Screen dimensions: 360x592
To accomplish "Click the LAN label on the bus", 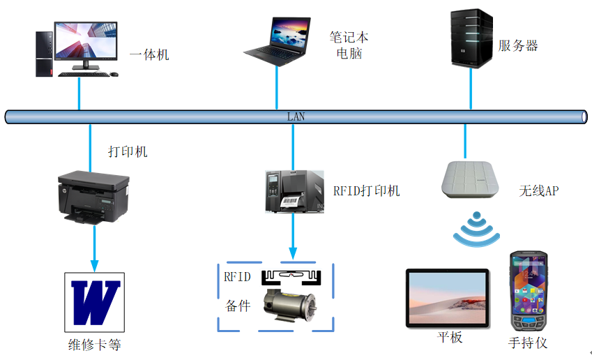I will click(296, 117).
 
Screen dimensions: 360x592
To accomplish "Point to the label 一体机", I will click(149, 54).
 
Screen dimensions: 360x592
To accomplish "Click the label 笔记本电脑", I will click(349, 45).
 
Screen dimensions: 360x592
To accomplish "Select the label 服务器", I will click(517, 46).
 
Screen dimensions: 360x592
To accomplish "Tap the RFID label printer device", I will click(294, 190).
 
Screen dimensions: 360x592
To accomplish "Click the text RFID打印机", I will click(366, 190).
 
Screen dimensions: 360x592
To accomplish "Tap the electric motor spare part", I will click(287, 306).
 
